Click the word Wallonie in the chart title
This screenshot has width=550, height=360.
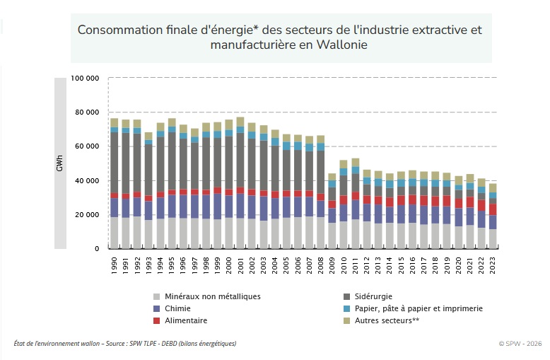(341, 45)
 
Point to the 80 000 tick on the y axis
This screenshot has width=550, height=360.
(87, 112)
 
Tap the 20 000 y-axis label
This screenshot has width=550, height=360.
(87, 215)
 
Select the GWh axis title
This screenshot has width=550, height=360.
(59, 163)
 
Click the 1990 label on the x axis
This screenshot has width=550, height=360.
(114, 266)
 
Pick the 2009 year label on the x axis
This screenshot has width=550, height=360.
(332, 266)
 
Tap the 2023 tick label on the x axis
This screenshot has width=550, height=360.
(493, 266)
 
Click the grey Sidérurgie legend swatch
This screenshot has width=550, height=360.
(346, 297)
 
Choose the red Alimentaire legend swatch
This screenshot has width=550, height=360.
(156, 320)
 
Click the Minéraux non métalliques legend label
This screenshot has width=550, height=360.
(213, 297)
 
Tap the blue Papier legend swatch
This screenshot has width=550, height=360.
(346, 309)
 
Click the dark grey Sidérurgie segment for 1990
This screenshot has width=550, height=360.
(114, 163)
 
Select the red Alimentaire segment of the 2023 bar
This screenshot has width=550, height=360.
(493, 210)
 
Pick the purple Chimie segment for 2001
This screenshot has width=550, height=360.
(240, 206)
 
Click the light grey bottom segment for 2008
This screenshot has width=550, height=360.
(320, 233)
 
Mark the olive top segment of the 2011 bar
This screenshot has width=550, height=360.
(356, 163)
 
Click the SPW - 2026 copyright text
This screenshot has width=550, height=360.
(520, 344)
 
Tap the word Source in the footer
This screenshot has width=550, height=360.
(115, 344)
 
